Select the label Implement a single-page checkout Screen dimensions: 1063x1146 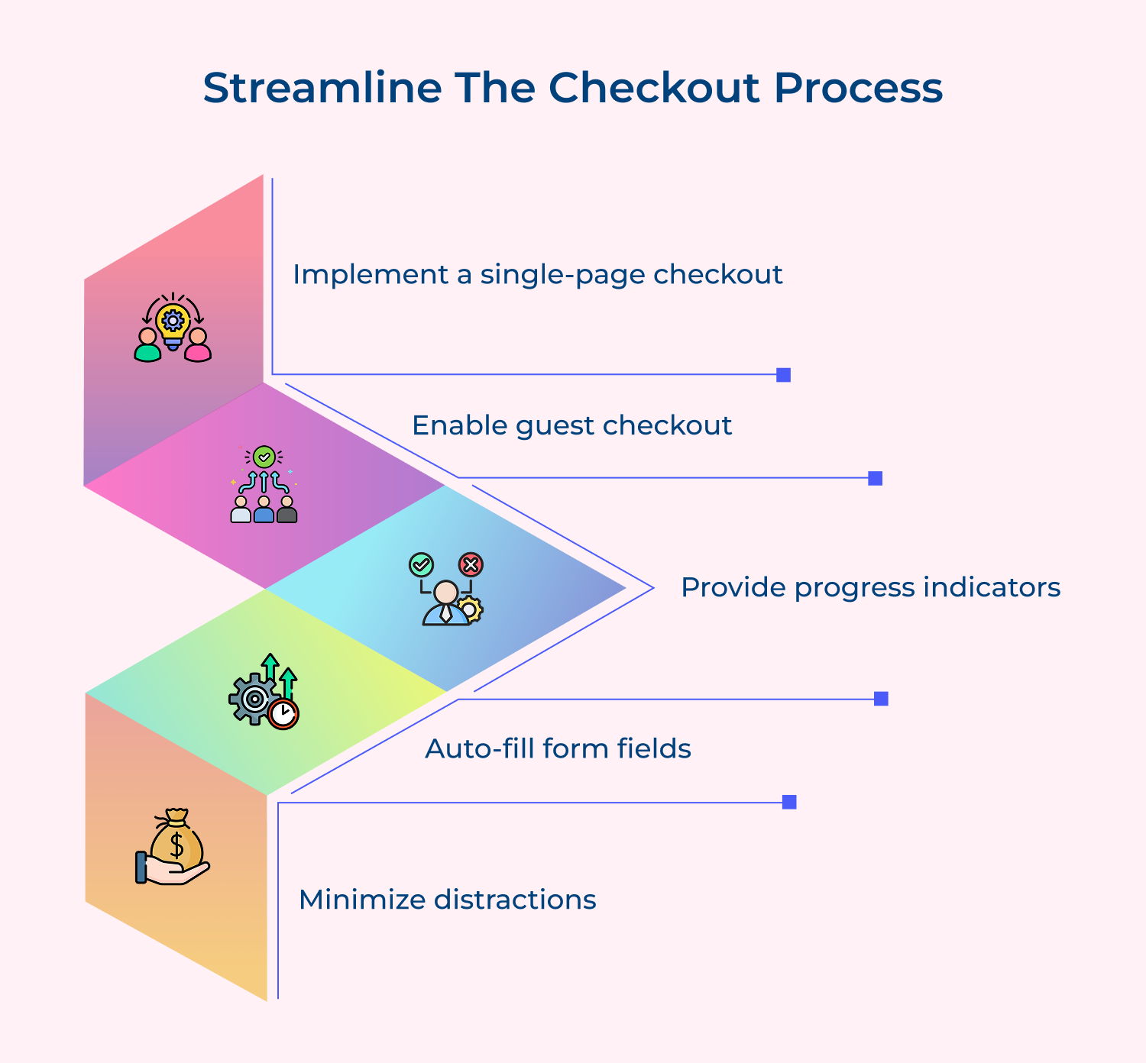[537, 274]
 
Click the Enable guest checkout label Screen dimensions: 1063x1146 [571, 425]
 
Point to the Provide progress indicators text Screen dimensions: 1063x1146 [870, 587]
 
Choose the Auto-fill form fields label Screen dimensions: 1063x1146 [558, 748]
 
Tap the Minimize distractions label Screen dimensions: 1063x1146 [447, 900]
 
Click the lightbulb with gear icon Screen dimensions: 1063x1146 [173, 321]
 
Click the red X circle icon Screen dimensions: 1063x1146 [471, 565]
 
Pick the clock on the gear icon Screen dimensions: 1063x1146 [283, 714]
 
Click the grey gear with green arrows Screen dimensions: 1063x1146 [254, 698]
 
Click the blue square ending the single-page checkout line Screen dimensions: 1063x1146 [783, 375]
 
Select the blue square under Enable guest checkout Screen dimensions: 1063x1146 [876, 478]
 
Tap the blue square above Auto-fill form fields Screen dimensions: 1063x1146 [881, 699]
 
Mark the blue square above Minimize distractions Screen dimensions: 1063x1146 [789, 802]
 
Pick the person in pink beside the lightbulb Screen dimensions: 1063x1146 [198, 346]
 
